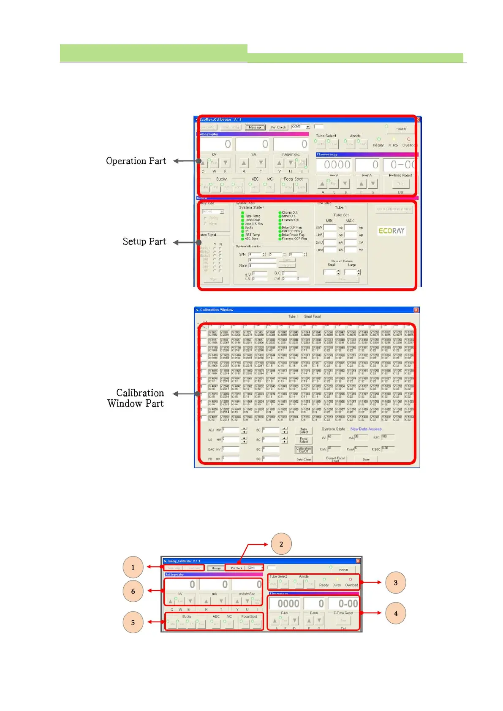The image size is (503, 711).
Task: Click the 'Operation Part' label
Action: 136,161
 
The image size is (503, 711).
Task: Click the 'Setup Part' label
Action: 144,242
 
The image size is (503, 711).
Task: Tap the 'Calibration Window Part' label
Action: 136,398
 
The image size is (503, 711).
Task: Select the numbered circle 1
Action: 133,567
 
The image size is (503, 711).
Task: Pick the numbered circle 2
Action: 281,544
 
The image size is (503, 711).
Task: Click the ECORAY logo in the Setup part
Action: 391,231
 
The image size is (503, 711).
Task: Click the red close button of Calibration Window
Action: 416,310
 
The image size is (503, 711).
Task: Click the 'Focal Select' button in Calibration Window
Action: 304,440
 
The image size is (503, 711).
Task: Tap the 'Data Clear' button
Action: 304,459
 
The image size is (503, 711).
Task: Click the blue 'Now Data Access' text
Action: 366,429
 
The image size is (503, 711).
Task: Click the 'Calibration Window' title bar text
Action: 217,310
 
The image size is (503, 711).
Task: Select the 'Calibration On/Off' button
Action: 304,450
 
